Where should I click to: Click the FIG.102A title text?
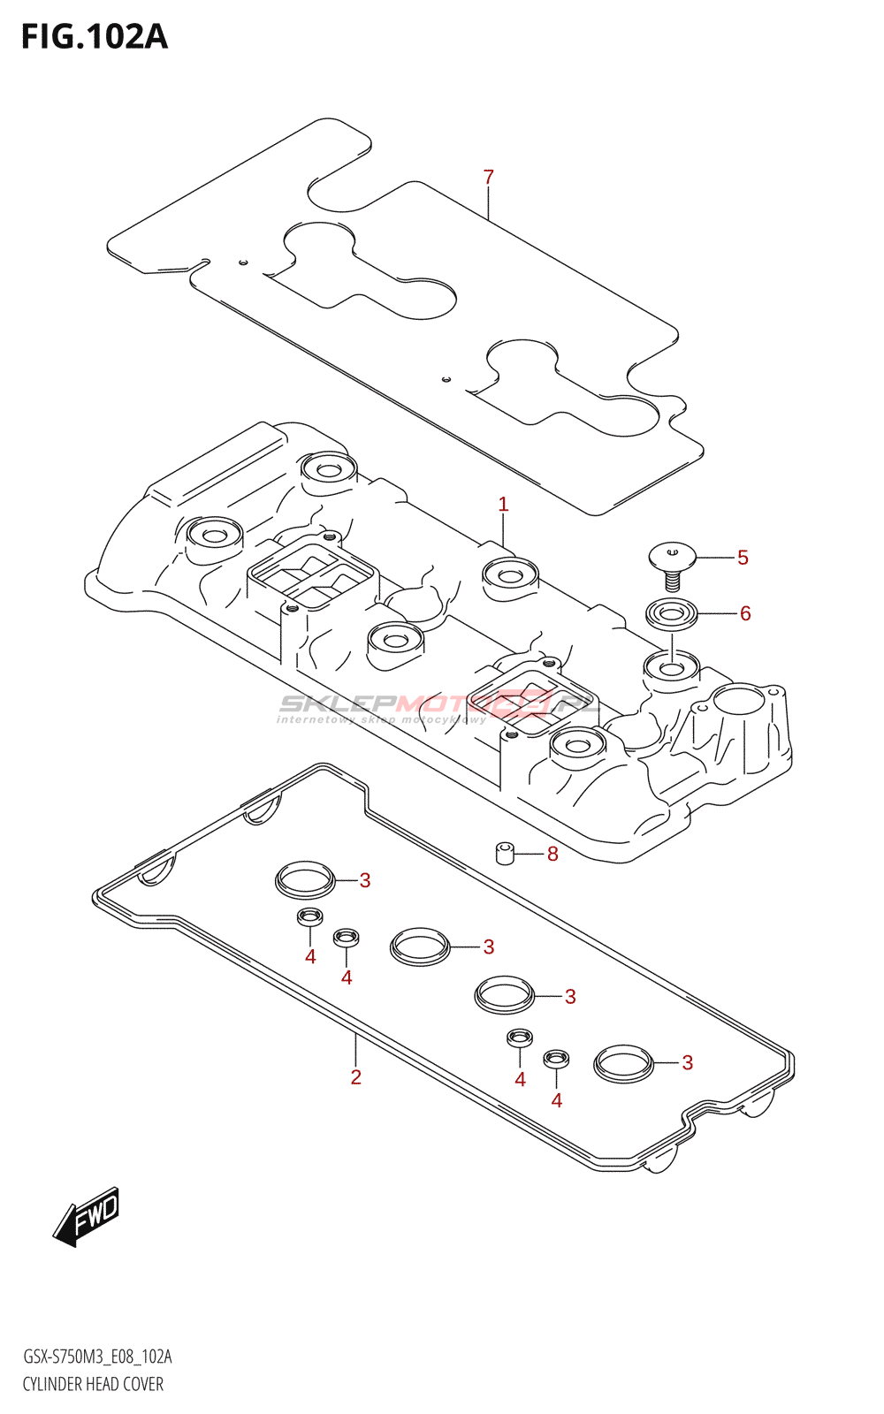coord(94,37)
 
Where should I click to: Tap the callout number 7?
coord(489,178)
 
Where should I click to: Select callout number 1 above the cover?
coord(503,505)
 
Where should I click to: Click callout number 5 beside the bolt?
coord(743,558)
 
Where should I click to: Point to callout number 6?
coord(745,613)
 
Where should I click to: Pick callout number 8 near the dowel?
coord(552,854)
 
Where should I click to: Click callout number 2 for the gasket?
coord(355,1077)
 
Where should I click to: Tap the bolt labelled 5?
coord(672,562)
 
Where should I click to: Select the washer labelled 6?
coord(671,612)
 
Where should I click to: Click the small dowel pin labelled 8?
coord(505,854)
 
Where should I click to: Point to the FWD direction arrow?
coord(87,1216)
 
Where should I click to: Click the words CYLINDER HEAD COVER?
coord(93,1384)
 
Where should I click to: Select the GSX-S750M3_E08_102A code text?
coord(97,1357)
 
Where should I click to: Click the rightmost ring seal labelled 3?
coord(623,1062)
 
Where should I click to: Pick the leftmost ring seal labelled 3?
coord(305,878)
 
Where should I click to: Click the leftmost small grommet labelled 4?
coord(309,917)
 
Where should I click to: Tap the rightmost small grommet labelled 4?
coord(556,1058)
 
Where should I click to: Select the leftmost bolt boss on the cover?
coord(215,536)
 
